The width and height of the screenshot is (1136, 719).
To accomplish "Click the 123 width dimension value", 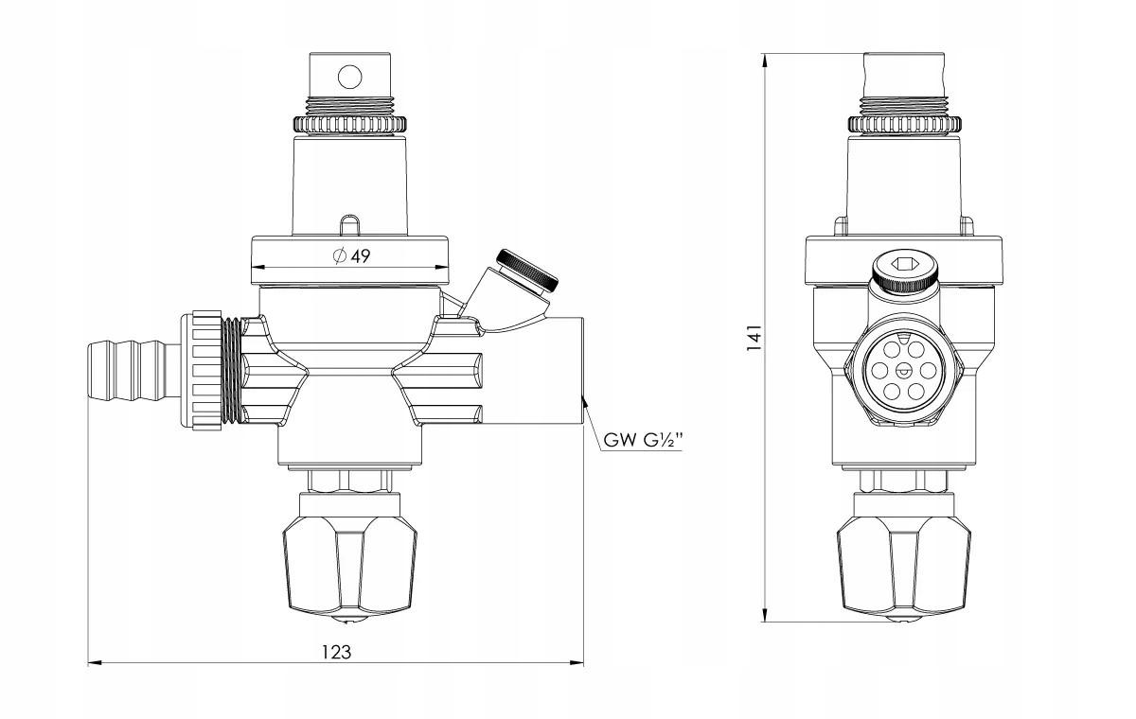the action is [x=336, y=652].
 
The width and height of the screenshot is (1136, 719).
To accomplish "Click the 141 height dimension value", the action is [x=754, y=338].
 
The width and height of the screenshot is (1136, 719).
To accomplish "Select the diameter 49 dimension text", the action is [x=351, y=256].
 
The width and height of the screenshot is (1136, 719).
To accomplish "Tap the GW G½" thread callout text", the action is [x=643, y=440].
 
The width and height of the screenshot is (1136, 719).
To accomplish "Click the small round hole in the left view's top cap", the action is [x=350, y=77].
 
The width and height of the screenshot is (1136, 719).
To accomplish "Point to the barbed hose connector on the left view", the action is [x=134, y=370].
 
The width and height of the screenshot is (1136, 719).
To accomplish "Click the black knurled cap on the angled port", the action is [x=527, y=270].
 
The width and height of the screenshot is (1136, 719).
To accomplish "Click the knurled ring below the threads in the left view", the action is [x=349, y=125].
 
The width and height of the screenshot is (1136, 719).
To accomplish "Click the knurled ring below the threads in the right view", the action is [x=905, y=125].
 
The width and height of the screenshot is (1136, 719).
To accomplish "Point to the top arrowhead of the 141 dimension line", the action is [x=764, y=61].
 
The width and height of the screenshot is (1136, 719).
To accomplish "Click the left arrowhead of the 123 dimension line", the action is [x=96, y=661].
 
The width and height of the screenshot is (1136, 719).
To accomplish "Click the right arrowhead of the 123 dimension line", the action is [x=577, y=661].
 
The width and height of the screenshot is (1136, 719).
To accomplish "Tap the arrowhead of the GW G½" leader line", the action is [x=584, y=402].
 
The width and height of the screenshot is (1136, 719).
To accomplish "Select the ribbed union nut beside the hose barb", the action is [x=202, y=371].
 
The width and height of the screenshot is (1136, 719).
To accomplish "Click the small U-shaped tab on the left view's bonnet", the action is [x=349, y=225].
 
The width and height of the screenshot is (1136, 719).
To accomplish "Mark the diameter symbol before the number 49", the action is [x=339, y=255].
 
